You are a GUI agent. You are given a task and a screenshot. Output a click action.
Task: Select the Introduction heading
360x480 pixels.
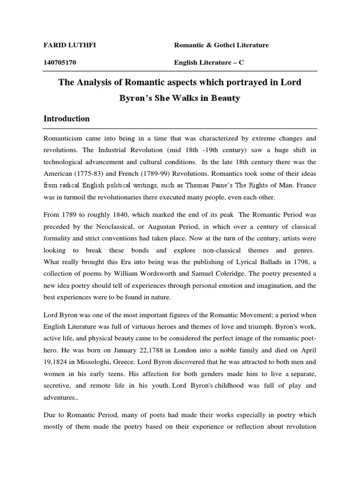(67, 119)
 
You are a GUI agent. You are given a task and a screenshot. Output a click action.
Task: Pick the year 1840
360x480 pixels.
(111, 215)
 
